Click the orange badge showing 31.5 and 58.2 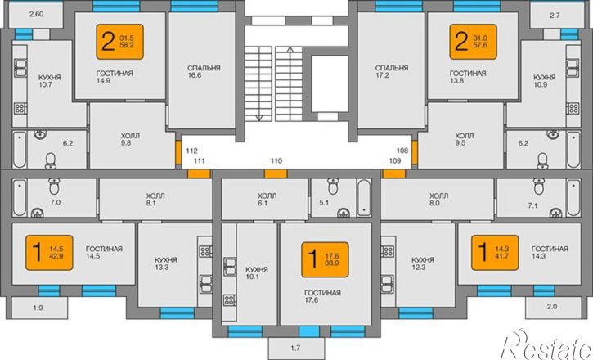click(x=120, y=42)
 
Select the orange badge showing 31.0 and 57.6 click(x=473, y=42)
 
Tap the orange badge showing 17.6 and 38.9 click(x=325, y=260)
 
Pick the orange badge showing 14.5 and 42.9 click(x=49, y=253)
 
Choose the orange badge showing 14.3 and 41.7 click(x=495, y=253)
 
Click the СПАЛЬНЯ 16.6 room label click(x=204, y=71)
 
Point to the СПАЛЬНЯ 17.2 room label click(x=392, y=71)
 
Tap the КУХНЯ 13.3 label click(x=166, y=263)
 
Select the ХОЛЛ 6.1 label click(x=267, y=200)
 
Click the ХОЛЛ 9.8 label click(x=130, y=139)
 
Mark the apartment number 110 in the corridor click(x=276, y=160)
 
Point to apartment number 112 click(x=191, y=151)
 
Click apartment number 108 click(x=402, y=151)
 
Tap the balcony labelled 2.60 click(x=36, y=15)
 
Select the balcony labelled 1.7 click(x=296, y=349)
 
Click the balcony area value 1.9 click(x=38, y=308)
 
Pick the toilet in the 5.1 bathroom click(x=333, y=185)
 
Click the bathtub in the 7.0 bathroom click(x=20, y=198)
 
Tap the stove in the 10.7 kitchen click(x=20, y=109)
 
